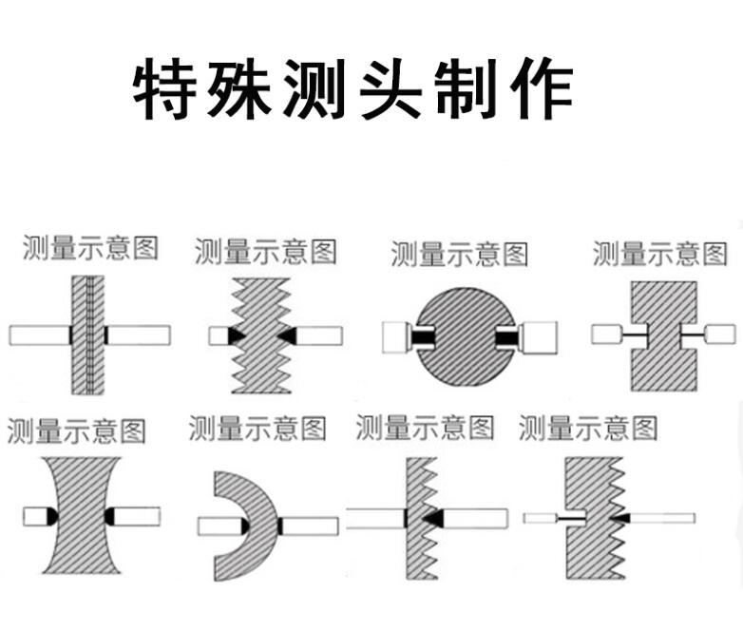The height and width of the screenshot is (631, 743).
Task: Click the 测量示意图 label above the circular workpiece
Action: click(459, 254)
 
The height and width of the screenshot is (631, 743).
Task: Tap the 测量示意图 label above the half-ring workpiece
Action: click(257, 429)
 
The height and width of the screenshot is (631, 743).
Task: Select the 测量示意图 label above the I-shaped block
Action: click(659, 253)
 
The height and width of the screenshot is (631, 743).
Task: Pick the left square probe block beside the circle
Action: click(394, 336)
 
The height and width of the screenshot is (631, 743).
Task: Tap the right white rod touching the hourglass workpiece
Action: click(136, 516)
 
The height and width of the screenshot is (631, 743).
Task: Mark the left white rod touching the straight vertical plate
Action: click(38, 335)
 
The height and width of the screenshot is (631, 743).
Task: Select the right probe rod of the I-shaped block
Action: click(720, 334)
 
